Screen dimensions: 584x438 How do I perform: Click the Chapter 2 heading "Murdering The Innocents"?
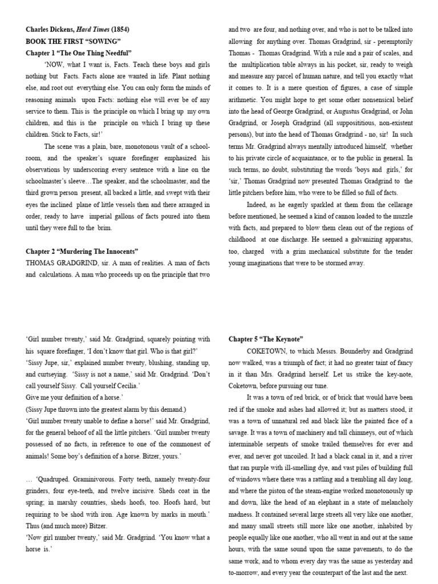82,251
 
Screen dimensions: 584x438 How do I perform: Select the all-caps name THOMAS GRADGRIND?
58,263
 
